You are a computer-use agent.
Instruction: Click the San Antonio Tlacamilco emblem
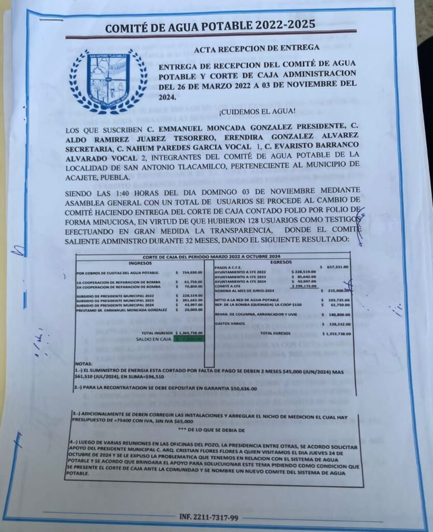108,81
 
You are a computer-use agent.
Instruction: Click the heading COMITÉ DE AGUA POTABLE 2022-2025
209,26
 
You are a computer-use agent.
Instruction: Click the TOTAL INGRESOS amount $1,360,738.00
189,332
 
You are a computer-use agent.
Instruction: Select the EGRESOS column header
281,262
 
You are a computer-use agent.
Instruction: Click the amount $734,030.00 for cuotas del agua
189,272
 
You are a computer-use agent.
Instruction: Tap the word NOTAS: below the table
85,363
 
